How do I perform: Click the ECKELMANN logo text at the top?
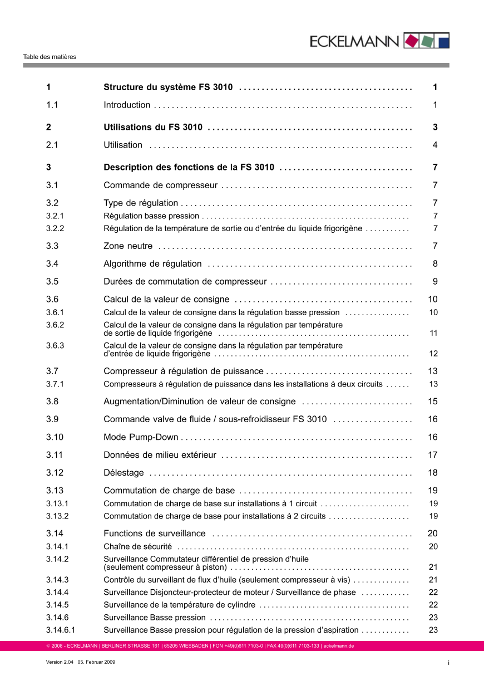click(354, 41)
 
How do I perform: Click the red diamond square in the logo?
click(411, 41)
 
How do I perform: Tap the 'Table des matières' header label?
click(50, 57)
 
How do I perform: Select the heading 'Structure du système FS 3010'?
click(168, 87)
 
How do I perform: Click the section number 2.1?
click(53, 145)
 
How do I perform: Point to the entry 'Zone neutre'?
click(129, 246)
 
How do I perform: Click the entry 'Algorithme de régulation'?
click(153, 264)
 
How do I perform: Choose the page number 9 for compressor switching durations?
click(435, 282)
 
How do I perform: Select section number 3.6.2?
click(56, 325)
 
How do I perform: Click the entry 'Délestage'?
click(124, 473)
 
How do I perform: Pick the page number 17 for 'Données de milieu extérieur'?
click(433, 455)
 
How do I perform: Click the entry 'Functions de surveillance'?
click(155, 534)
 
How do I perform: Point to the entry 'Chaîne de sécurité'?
click(138, 547)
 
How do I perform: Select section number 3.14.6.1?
click(61, 630)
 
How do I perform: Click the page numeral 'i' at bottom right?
click(448, 662)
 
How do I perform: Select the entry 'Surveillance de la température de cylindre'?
click(180, 605)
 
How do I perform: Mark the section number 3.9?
click(53, 419)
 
